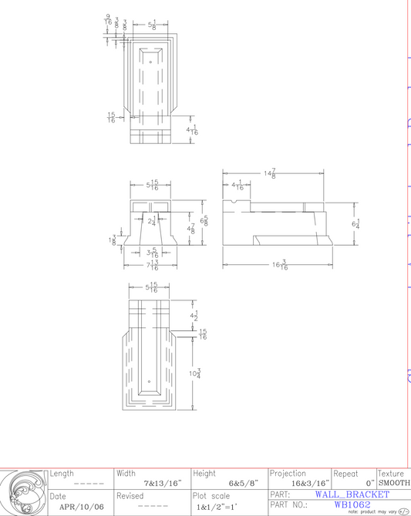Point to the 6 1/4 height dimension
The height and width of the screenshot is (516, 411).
(x=355, y=223)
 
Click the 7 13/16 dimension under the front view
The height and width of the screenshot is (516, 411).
(x=153, y=266)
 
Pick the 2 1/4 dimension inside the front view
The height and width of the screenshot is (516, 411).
(x=153, y=221)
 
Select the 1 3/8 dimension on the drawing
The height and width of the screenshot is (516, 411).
(x=114, y=241)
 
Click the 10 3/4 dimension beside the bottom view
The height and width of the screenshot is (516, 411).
(x=195, y=374)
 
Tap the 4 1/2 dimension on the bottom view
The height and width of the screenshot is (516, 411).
(x=194, y=316)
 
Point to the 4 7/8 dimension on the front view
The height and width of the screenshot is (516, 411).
(x=191, y=229)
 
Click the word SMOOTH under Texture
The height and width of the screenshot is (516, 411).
(x=393, y=483)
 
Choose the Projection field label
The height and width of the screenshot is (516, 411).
(x=288, y=473)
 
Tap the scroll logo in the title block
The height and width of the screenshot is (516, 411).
(x=23, y=492)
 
